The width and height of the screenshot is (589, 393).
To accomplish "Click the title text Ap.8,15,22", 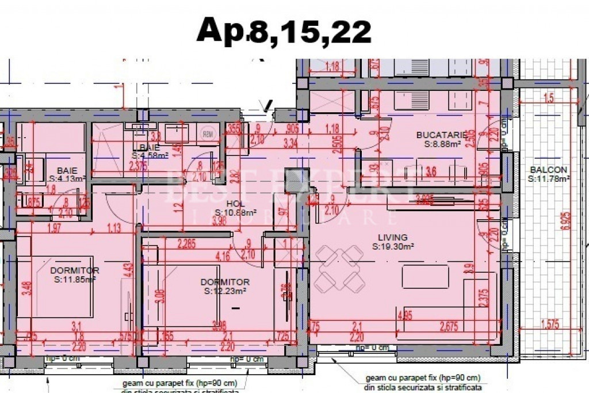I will coord(284,30).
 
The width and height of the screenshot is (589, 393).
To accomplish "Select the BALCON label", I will coord(548,170).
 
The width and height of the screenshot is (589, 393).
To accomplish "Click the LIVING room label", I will coord(392,237).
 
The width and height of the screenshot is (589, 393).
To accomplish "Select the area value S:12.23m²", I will coord(225,291).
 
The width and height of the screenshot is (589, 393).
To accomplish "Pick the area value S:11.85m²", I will coord(74,280).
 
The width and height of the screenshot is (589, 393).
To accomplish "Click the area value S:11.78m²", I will coord(549,179).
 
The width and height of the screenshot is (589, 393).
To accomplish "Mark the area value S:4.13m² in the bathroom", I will coord(67,179).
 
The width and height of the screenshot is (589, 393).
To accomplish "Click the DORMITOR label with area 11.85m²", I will coord(74,270).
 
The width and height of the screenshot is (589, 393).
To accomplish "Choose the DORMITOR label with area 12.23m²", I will coord(225,282).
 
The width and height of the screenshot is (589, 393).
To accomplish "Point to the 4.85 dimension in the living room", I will coord(405,315).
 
